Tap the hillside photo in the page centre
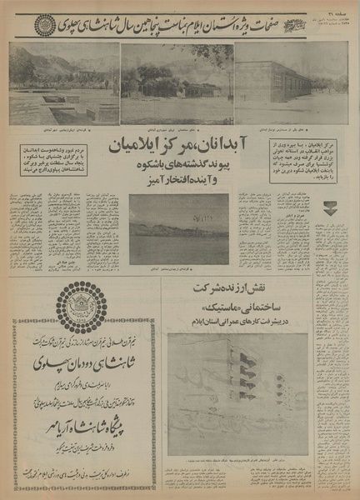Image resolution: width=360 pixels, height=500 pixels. click(178, 227)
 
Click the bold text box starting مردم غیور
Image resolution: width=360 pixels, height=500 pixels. click(50, 158)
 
